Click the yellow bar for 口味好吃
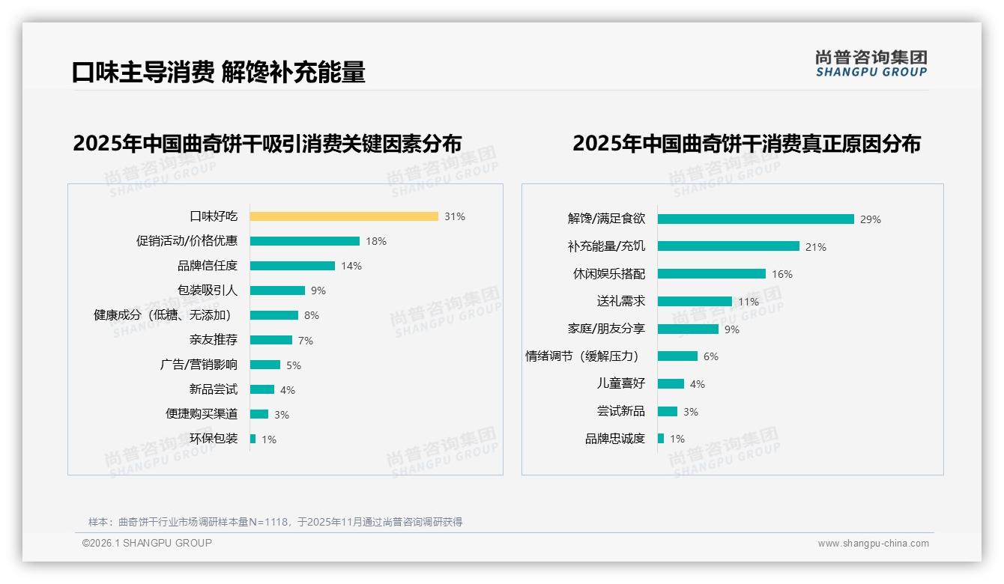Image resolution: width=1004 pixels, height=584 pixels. (x=344, y=216)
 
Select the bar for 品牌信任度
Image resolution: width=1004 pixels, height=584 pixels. (x=292, y=266)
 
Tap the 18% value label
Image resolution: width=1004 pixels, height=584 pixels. (x=376, y=241)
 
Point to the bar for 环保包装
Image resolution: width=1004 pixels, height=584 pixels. (x=253, y=439)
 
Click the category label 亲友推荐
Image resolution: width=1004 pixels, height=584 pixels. (x=214, y=340)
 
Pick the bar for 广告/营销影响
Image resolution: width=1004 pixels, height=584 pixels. (x=265, y=365)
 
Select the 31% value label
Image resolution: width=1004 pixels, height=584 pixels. (x=455, y=216)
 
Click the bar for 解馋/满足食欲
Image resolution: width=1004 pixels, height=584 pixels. (x=756, y=219)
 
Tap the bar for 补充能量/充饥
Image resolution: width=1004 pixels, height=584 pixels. (x=728, y=246)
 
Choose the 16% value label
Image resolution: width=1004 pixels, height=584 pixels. (x=782, y=274)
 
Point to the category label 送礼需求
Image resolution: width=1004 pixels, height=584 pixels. (x=621, y=301)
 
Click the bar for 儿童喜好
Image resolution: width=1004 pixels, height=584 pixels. (x=671, y=383)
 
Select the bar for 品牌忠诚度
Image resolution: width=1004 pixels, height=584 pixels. (x=661, y=439)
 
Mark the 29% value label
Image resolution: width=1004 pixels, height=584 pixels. (x=871, y=219)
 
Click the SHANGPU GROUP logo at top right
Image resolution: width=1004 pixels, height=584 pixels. (x=871, y=64)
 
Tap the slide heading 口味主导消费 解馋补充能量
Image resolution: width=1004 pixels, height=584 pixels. (x=219, y=72)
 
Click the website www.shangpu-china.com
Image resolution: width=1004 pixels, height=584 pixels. (x=873, y=544)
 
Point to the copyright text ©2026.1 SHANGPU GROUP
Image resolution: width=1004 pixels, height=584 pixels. (x=147, y=543)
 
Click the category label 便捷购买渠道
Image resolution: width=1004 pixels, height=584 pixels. (x=202, y=414)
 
